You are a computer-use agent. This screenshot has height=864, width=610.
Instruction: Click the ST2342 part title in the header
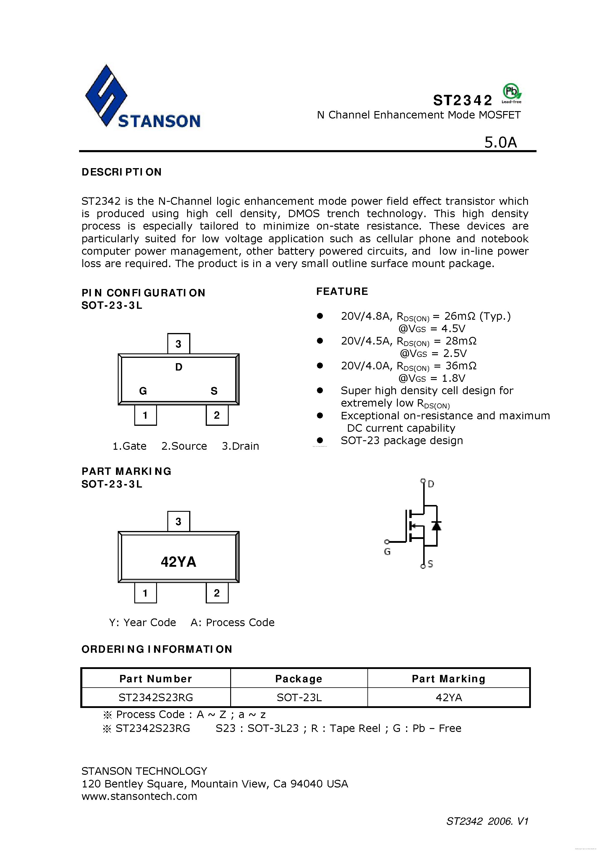click(x=462, y=100)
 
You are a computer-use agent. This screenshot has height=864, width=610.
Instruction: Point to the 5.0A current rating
click(x=500, y=142)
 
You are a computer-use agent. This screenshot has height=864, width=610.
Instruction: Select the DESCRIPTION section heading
click(x=121, y=172)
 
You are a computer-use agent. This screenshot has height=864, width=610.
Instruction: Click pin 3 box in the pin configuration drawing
click(x=179, y=344)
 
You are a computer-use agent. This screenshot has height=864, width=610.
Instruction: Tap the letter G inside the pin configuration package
click(x=143, y=391)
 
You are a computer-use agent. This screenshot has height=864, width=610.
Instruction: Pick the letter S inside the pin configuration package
click(x=214, y=391)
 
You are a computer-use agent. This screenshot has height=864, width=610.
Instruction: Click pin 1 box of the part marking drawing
click(x=145, y=593)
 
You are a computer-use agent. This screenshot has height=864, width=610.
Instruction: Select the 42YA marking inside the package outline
click(x=179, y=562)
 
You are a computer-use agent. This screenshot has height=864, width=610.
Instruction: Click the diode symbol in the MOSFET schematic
click(x=436, y=526)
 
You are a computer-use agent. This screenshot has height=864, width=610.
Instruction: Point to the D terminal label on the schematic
click(x=431, y=484)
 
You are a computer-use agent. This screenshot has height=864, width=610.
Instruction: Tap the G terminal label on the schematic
click(x=387, y=552)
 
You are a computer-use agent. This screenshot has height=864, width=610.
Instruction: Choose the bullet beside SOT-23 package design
click(x=320, y=440)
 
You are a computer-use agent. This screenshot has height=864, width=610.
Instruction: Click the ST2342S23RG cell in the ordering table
click(x=156, y=697)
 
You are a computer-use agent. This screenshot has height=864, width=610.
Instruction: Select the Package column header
click(x=299, y=678)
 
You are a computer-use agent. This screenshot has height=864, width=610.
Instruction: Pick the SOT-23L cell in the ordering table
click(x=299, y=697)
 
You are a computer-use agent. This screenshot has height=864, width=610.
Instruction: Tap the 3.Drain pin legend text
click(x=240, y=446)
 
